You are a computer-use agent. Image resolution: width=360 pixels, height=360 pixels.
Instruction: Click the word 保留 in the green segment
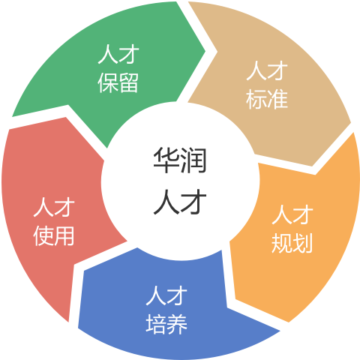click(x=118, y=83)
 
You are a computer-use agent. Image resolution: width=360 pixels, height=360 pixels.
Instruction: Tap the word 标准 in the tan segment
click(x=267, y=99)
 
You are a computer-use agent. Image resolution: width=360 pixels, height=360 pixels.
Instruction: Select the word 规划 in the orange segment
click(x=292, y=243)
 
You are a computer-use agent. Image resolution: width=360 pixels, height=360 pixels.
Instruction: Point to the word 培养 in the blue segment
click(x=166, y=324)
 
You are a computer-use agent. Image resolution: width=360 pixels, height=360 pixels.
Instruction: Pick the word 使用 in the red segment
click(x=54, y=235)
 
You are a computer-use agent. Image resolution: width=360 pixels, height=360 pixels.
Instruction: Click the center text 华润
click(x=180, y=160)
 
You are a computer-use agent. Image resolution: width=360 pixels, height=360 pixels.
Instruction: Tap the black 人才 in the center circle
click(x=180, y=201)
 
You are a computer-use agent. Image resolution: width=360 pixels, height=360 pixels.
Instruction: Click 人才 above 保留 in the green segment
click(x=118, y=54)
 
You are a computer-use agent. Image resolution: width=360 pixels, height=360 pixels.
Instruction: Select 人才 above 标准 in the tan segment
click(x=267, y=70)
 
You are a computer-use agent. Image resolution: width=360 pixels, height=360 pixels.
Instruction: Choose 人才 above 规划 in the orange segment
click(x=292, y=214)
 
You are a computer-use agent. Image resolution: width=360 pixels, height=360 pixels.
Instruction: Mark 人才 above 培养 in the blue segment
click(x=166, y=295)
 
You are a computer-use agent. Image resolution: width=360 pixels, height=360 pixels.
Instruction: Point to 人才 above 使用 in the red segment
click(x=54, y=207)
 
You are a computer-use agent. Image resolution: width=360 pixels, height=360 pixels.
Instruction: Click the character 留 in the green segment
click(x=128, y=83)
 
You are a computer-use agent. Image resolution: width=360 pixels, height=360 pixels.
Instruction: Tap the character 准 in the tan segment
click(x=277, y=99)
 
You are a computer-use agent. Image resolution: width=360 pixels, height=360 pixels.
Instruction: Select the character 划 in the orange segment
click(x=302, y=243)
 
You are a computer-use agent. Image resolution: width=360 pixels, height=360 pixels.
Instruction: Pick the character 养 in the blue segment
click(x=177, y=324)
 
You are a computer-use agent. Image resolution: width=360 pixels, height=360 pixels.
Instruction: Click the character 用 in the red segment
click(x=64, y=235)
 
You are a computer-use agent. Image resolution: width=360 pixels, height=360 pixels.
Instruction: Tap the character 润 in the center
click(x=193, y=160)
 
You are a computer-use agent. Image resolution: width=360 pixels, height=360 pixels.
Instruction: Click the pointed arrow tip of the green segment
click(x=205, y=52)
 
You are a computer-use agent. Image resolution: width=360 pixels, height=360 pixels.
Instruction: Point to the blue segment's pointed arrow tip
click(x=280, y=331)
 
